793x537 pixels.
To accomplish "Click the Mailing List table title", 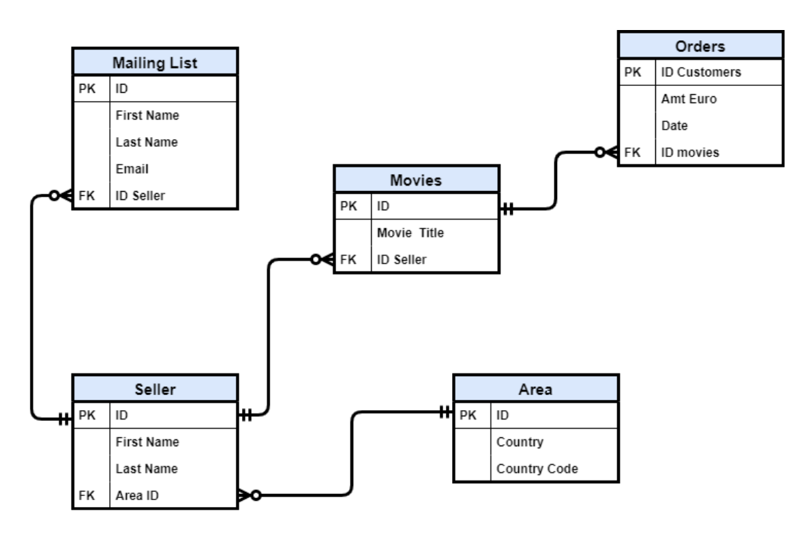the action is pos(155,63).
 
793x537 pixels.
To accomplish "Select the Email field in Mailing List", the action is pos(132,169).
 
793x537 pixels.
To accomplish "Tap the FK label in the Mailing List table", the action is pos(87,195).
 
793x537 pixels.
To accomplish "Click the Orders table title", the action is pos(700,46).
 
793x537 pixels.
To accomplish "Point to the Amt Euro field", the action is pos(689,99).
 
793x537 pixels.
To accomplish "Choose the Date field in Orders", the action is pos(674,126).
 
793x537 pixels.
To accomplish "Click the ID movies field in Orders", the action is pos(690,152).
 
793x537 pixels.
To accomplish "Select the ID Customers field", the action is pos(701,72).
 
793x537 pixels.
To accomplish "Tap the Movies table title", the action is pos(416,180).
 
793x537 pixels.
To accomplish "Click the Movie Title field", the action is pos(410,233).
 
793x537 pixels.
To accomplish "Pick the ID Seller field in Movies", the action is pos(402,260).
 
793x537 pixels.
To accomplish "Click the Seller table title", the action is pos(155,389).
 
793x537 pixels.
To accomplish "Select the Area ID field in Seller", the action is pos(137,495).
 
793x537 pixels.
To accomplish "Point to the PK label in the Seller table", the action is pos(87,415).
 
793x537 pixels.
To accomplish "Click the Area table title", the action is pos(535,389).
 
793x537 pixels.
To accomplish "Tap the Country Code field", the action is pos(537,469).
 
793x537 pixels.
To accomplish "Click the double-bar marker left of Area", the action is pos(445,412).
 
